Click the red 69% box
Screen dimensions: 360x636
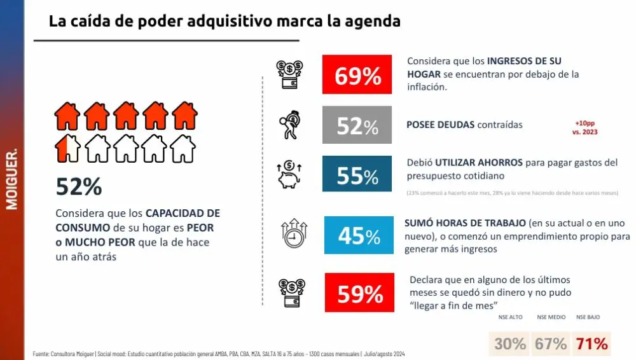(357, 74)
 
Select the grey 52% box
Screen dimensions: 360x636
(357, 125)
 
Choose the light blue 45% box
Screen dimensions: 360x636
(359, 235)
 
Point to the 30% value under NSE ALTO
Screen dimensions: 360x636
(510, 343)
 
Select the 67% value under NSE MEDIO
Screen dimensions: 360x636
(550, 343)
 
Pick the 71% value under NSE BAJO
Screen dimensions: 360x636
(591, 343)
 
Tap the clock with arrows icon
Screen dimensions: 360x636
(293, 233)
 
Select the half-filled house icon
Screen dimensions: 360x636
(67, 148)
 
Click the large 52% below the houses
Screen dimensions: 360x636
(79, 186)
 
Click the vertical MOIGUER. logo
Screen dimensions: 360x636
(11, 180)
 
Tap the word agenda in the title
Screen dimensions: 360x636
(372, 21)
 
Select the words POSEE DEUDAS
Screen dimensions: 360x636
(440, 125)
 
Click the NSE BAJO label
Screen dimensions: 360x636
(588, 317)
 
